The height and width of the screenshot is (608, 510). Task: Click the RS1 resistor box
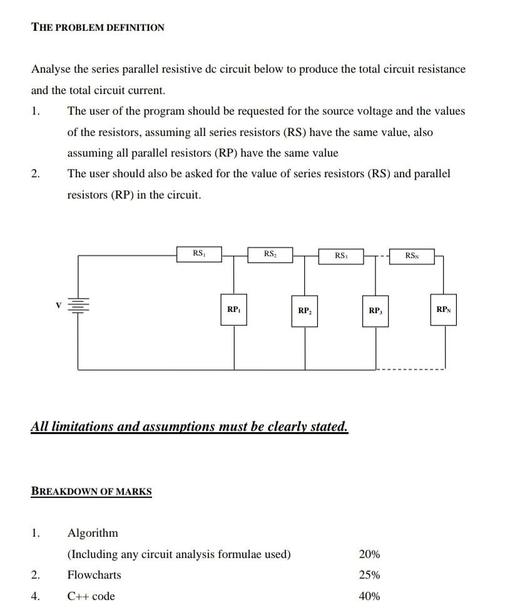199,254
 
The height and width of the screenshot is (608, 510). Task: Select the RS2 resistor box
270,254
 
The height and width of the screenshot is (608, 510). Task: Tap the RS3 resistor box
341,255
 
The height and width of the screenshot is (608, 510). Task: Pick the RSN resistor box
412,255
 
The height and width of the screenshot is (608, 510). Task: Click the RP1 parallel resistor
234,310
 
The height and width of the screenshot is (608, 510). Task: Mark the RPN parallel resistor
444,310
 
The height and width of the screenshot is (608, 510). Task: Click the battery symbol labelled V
78,306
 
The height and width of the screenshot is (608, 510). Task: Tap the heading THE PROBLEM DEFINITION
98,28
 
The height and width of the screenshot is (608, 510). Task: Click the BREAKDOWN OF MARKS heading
91,492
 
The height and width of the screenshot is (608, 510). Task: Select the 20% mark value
369,554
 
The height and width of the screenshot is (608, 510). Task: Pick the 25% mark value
369,575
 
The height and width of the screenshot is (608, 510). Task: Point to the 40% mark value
369,596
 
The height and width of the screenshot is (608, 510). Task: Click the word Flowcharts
94,575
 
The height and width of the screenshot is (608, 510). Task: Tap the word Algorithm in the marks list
93,533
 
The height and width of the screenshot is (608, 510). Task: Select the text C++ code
91,596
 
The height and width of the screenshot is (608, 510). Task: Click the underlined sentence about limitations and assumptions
189,427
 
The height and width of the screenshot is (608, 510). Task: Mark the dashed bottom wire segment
411,369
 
